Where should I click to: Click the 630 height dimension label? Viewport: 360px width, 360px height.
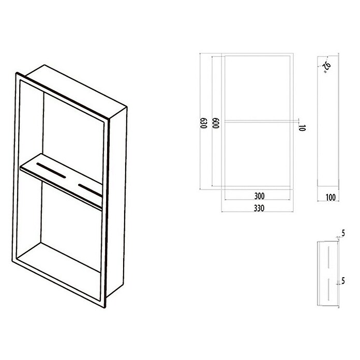point(204,123)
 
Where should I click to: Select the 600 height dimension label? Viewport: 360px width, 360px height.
point(216,123)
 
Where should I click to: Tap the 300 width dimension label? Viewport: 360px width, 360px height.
point(259,196)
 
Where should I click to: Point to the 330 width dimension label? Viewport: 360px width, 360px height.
point(259,208)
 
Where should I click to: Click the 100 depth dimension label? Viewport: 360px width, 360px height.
point(331,197)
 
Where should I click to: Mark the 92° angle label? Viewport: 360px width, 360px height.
point(327,67)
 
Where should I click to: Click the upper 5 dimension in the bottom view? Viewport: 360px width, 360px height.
point(343,233)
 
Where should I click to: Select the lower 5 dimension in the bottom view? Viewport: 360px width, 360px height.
point(343,280)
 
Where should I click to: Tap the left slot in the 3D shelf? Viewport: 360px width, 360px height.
point(51,170)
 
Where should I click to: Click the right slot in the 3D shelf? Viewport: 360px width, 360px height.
point(90,190)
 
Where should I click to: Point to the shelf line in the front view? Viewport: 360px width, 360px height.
point(258,121)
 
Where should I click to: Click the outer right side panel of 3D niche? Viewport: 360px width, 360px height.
point(117,202)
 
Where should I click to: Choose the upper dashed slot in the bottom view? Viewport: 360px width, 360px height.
point(328,258)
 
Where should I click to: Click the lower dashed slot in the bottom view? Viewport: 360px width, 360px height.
point(328,289)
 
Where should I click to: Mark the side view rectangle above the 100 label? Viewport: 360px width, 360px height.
point(328,121)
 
